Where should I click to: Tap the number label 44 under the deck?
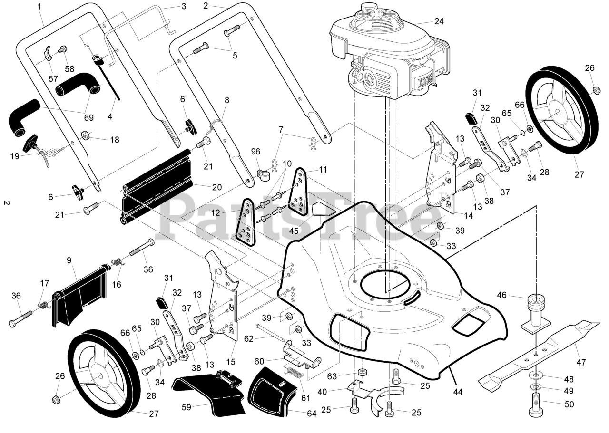click(458, 392)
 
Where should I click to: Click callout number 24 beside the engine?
click(439, 21)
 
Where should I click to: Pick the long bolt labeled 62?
click(271, 333)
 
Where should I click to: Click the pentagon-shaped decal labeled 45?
click(323, 206)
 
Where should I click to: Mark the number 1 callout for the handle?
click(39, 6)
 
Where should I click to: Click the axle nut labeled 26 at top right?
click(595, 90)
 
